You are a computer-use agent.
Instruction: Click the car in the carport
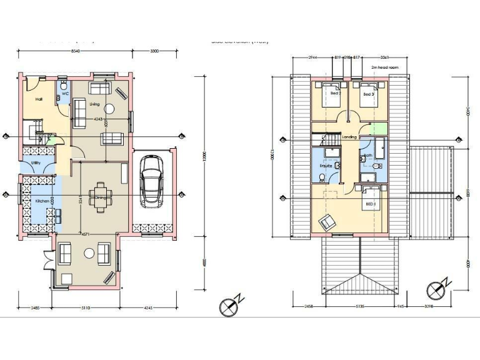151,181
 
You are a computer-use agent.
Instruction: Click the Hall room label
39,99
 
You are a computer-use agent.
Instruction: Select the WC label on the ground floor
64,94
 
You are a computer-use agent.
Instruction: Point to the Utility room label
36,164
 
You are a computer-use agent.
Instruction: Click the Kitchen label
42,201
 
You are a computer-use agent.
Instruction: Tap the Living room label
94,104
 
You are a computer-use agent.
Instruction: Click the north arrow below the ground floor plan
229,306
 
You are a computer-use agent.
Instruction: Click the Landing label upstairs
349,137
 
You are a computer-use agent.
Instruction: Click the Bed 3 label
367,94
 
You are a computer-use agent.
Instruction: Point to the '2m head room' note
383,67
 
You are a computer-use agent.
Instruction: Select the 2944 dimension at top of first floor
313,57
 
